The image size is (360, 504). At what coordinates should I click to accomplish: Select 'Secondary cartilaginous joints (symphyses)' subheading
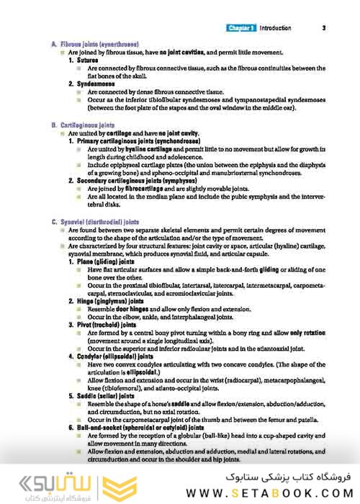146,181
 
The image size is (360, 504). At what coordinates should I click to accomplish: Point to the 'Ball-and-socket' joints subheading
140,428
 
